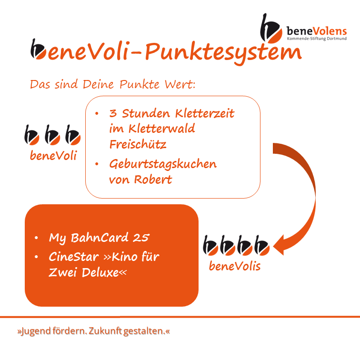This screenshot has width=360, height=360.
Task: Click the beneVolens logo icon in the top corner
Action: pos(271,29)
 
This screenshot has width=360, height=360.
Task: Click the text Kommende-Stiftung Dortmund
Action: pos(317,39)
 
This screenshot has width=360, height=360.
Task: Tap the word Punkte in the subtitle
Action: pos(140,84)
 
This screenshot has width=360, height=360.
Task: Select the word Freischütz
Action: pos(138,144)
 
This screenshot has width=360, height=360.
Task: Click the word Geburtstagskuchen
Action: pos(163,164)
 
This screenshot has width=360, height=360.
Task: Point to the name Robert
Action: pos(153,180)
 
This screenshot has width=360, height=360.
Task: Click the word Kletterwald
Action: pos(161,128)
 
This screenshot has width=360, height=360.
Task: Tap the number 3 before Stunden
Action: pos(113,113)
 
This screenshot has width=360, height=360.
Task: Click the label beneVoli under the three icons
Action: pos(53,155)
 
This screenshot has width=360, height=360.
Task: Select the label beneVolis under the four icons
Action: pos(235,266)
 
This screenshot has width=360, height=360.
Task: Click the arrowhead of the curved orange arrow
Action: pos(279,245)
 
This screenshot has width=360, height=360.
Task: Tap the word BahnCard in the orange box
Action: pos(100,238)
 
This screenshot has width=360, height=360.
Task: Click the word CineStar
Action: pos(74,257)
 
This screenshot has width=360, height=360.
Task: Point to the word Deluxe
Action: pos(100,272)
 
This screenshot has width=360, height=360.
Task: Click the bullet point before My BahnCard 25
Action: pos(36,238)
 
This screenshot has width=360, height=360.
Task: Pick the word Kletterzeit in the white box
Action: pos(205,113)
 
